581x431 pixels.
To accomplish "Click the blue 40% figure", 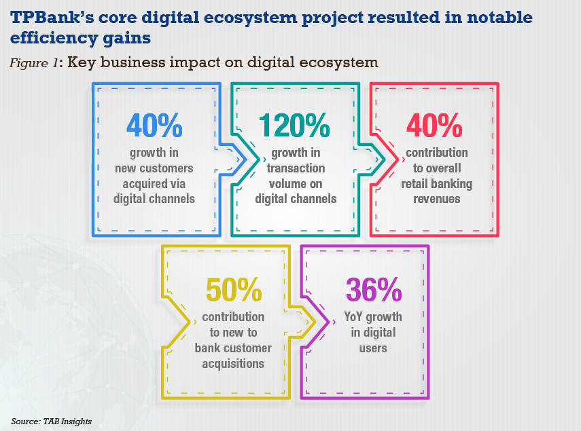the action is [154, 125].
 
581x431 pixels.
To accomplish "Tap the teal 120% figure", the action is [294, 125].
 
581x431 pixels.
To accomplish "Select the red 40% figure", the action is [434, 125].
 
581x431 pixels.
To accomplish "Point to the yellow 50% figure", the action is [234, 290].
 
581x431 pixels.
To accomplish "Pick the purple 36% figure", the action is [374, 290].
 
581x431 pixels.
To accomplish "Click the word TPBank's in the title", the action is [52, 18].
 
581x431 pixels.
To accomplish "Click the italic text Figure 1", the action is [34, 62].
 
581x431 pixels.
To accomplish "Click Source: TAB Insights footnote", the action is [52, 421].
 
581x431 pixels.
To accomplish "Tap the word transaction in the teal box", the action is [296, 168].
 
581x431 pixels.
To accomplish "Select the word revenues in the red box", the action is [437, 199].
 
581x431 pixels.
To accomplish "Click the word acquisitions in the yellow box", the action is [233, 364].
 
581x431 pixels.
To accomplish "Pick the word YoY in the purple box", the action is [353, 317].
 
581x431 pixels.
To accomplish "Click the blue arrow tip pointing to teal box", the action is [246, 160].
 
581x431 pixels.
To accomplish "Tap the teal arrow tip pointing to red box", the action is [385, 160].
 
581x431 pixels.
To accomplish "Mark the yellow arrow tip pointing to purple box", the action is [315, 322].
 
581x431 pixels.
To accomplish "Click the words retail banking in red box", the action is [437, 184].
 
